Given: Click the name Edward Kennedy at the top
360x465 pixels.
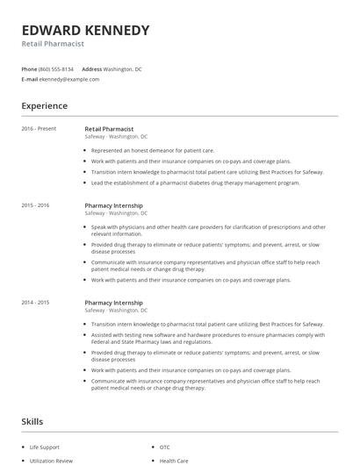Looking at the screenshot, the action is point(85,30).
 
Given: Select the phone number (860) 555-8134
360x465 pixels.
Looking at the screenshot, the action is point(56,68).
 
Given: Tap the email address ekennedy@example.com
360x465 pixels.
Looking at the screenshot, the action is point(69,79).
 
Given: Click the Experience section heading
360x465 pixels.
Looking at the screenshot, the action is point(45,106).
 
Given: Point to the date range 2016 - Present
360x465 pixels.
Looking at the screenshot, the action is point(39,129).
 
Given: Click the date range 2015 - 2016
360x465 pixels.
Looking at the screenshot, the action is point(36,205).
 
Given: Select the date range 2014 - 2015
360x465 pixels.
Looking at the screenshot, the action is point(36,303).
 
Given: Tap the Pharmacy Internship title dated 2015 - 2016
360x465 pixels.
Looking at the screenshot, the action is point(113,205).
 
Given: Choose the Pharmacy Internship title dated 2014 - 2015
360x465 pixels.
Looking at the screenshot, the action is point(113,303).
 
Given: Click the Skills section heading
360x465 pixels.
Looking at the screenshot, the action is point(32,421).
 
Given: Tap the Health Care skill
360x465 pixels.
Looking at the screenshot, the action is point(174,460).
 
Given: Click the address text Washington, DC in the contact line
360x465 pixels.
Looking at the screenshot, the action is point(122,68).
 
